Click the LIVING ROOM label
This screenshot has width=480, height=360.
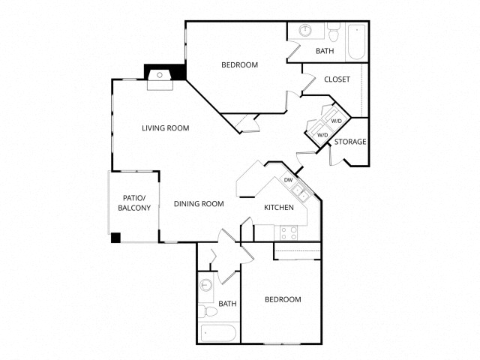pyautogui.click(x=165, y=128)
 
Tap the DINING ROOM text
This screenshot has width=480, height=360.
pyautogui.click(x=199, y=204)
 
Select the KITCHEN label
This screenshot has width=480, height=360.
pyautogui.click(x=278, y=208)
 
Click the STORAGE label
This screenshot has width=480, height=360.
pyautogui.click(x=350, y=142)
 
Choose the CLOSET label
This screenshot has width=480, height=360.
pyautogui.click(x=337, y=79)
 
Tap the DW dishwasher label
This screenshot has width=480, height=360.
pyautogui.click(x=288, y=180)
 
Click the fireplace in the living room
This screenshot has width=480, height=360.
pyautogui.click(x=160, y=77)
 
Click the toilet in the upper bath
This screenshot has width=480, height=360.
pyautogui.click(x=334, y=32)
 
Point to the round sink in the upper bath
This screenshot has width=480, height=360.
pyautogui.click(x=306, y=31)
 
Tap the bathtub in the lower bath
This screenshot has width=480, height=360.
pyautogui.click(x=217, y=332)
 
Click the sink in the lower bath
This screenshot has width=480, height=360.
pyautogui.click(x=206, y=286)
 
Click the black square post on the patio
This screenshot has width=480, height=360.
pyautogui.click(x=115, y=238)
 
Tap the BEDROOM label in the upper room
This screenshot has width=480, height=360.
pyautogui.click(x=239, y=65)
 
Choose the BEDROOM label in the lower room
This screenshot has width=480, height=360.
pyautogui.click(x=283, y=300)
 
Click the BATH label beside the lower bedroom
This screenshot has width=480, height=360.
pyautogui.click(x=228, y=304)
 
